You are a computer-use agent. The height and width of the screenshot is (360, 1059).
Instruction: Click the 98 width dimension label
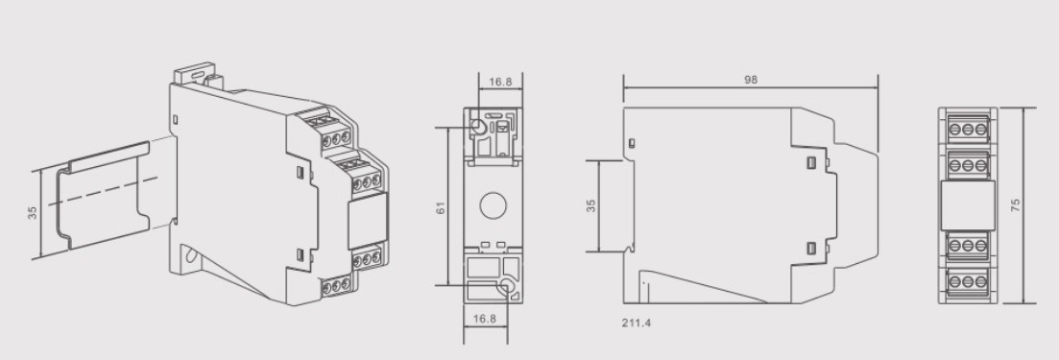(x=750, y=81)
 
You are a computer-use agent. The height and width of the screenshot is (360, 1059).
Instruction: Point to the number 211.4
(x=637, y=323)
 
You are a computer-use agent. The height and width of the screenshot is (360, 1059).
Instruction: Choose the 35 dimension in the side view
(x=591, y=205)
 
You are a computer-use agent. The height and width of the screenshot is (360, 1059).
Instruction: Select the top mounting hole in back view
(x=477, y=127)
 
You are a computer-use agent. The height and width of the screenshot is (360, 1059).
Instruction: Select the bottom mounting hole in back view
(x=507, y=284)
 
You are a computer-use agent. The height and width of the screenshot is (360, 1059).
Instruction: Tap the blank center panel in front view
(x=967, y=204)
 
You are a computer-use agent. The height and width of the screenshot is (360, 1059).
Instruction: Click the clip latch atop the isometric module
(x=198, y=74)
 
